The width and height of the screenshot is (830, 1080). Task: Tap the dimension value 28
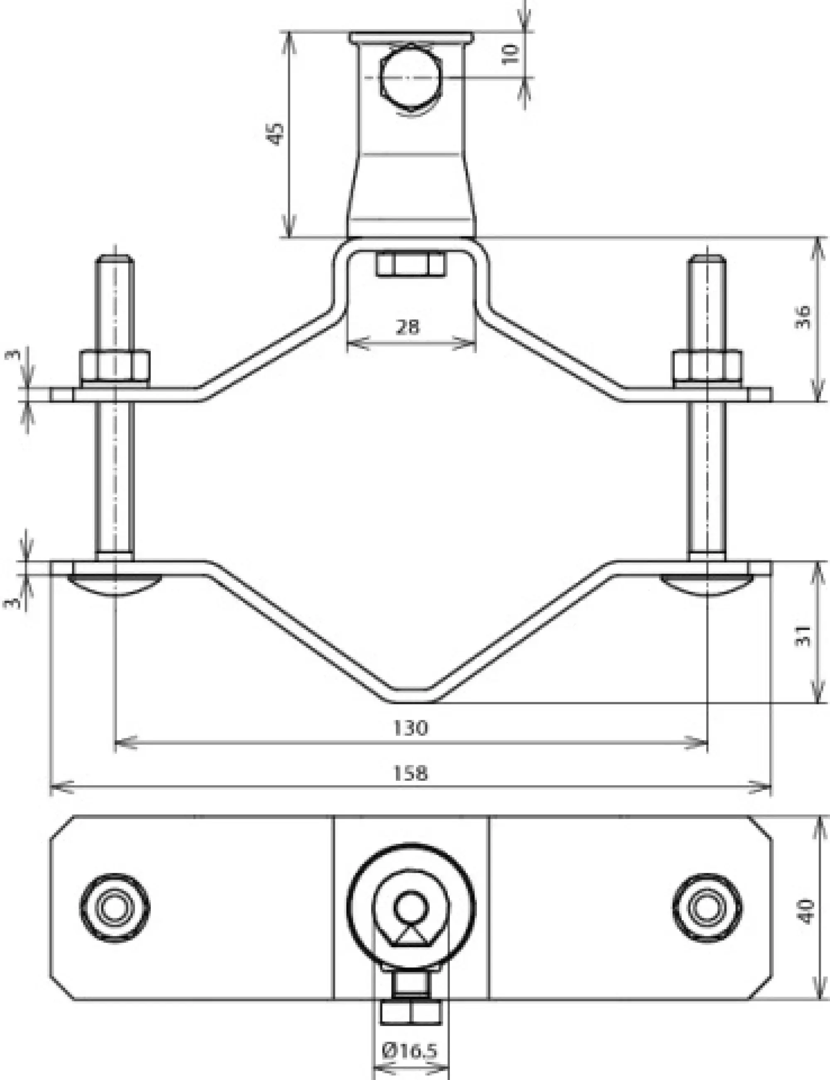tap(408, 327)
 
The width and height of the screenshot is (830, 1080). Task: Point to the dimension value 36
tap(803, 317)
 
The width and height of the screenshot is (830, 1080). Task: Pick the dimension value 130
tap(410, 728)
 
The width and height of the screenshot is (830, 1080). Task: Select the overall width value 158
tap(410, 773)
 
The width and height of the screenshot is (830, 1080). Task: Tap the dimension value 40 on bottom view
tap(806, 911)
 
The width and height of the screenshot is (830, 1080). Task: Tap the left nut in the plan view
tap(115, 908)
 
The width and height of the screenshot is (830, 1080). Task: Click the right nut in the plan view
tap(708, 908)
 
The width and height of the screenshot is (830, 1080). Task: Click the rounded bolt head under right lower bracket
tap(708, 584)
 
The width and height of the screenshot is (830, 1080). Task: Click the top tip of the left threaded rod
tap(115, 257)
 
